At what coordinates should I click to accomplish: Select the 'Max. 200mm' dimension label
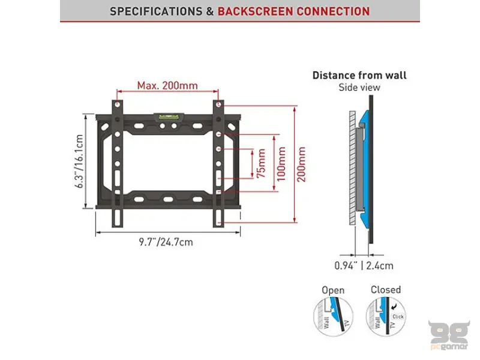click(167, 85)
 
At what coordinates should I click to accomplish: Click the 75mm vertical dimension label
click(260, 163)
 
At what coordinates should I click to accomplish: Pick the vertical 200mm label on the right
click(301, 163)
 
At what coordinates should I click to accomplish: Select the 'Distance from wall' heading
click(359, 75)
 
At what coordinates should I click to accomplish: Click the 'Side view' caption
click(359, 88)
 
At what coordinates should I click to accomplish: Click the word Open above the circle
click(334, 290)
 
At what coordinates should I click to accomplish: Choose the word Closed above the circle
click(385, 290)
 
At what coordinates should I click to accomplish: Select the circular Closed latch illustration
click(385, 320)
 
